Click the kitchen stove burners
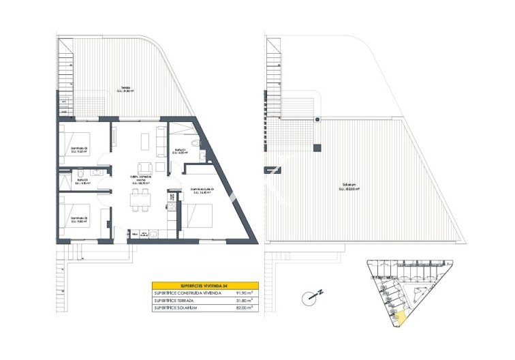click(x=171, y=204)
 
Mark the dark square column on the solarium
click(x=317, y=147)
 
